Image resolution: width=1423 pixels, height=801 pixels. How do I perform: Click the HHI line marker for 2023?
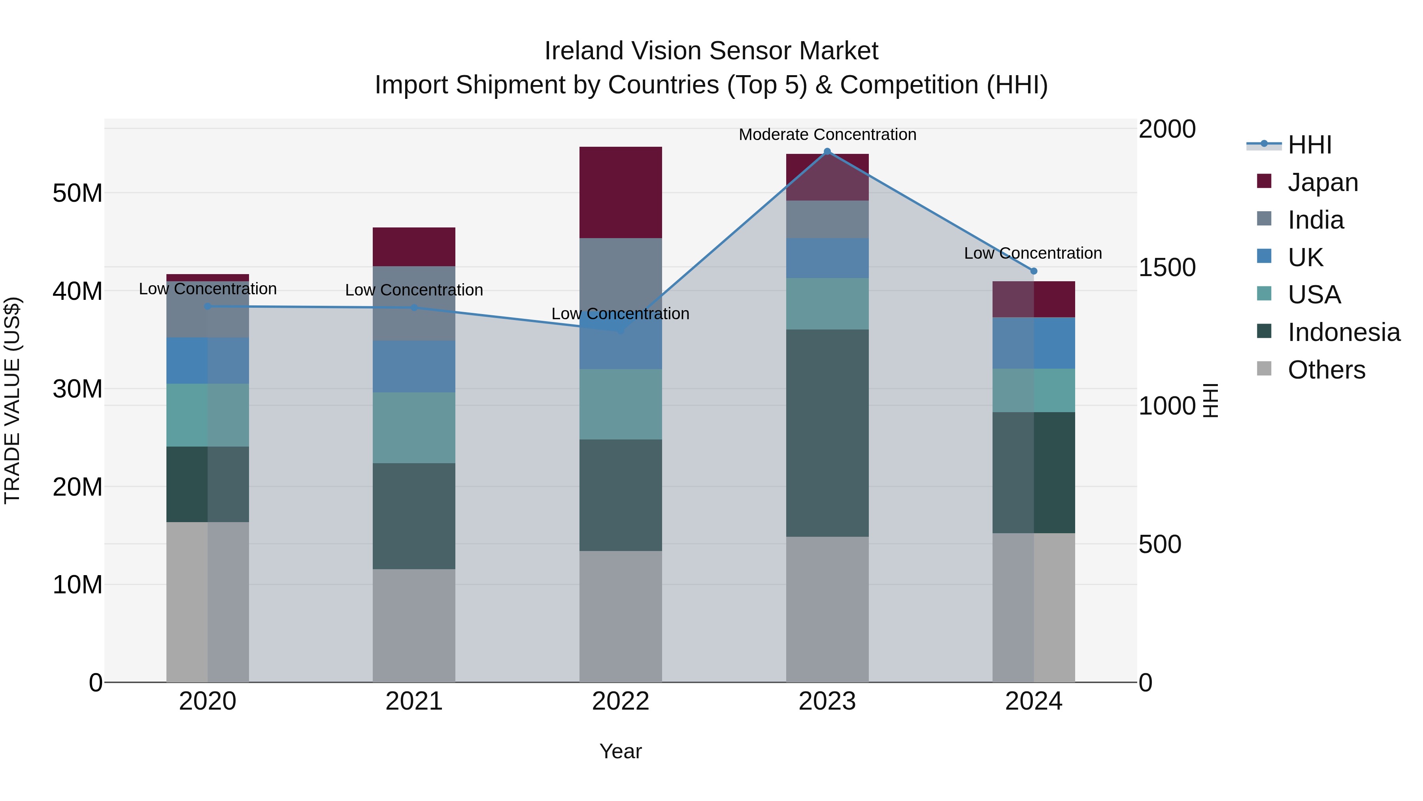(827, 151)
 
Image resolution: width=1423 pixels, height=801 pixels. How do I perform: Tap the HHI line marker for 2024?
(1034, 271)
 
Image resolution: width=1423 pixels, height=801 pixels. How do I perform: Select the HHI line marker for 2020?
(208, 306)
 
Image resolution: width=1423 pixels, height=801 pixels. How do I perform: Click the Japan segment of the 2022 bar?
(620, 192)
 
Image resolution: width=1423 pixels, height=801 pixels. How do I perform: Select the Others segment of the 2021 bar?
(414, 625)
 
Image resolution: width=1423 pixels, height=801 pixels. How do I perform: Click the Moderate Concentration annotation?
(827, 134)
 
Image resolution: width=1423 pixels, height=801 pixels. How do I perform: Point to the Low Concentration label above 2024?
(1032, 253)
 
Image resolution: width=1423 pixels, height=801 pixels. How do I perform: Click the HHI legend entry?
(1309, 145)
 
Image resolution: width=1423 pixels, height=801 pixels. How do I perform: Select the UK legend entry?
(1305, 257)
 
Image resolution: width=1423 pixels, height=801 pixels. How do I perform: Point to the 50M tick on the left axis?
(77, 193)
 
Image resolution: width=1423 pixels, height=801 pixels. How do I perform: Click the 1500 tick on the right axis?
(1167, 267)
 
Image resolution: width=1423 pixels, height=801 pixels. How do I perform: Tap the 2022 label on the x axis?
(620, 701)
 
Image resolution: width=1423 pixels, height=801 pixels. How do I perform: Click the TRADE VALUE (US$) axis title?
(12, 400)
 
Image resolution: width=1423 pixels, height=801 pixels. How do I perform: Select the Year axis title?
(620, 751)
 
